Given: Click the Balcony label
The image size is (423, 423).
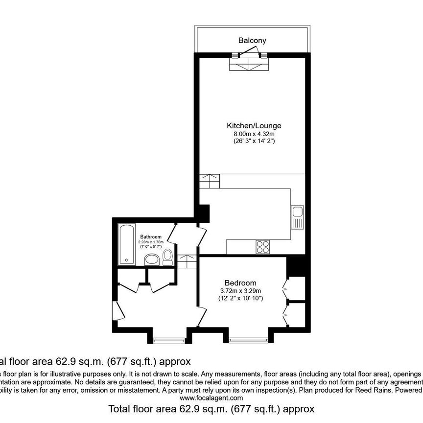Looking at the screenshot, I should [252, 40].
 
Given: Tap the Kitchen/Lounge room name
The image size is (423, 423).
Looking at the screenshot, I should [254, 126].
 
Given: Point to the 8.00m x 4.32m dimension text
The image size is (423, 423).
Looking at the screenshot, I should [254, 134].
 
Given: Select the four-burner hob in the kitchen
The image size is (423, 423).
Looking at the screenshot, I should [262, 247].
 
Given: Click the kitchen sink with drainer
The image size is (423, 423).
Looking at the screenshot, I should [297, 217].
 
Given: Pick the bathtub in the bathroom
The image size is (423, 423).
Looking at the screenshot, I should [127, 244].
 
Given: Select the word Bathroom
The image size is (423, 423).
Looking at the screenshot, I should [150, 237].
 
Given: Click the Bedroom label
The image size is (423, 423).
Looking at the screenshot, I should [240, 283].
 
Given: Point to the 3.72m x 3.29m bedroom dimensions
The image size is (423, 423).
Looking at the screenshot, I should [240, 291].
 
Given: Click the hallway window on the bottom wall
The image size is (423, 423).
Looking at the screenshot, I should [169, 339].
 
